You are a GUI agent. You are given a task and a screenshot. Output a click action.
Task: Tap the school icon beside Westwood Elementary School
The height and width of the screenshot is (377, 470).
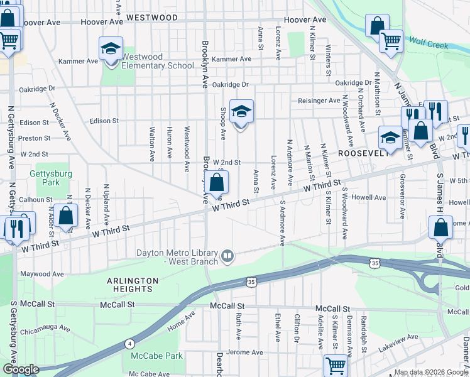pos(110,48)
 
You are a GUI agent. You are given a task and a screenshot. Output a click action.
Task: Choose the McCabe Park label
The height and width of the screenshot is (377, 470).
pos(156,356)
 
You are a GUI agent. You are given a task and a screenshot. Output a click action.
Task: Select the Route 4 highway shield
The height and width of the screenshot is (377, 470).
pos(129,344)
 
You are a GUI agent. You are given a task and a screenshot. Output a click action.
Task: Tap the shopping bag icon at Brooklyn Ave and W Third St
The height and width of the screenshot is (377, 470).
pos(216,184)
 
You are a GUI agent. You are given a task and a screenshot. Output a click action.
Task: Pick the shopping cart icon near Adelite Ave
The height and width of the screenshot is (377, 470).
pos(336,364)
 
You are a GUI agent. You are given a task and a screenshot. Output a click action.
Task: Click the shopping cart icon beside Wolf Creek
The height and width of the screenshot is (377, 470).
pos(391,41)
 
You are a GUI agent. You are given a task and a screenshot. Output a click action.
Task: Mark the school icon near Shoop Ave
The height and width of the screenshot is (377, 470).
pos(241,112)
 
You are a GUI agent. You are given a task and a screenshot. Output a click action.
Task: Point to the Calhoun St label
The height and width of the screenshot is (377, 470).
pos(35,200)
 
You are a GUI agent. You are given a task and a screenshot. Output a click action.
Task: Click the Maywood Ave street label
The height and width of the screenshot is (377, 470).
pos(41,274)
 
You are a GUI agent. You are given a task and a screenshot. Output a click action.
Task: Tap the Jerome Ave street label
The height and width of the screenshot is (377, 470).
pos(243,352)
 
